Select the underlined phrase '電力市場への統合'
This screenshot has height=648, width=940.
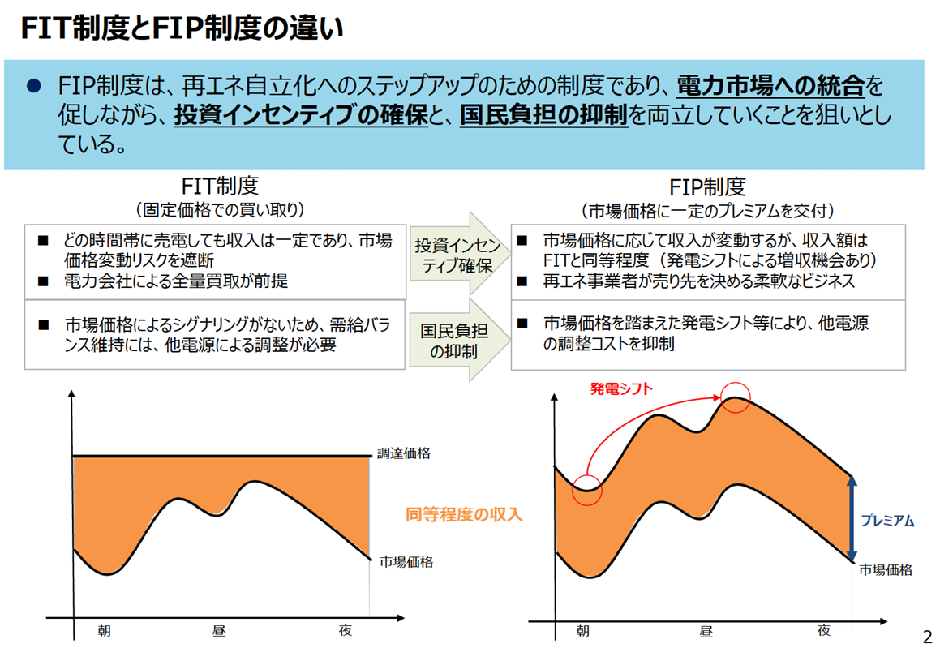click(770, 86)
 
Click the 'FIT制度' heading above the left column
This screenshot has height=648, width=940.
click(220, 187)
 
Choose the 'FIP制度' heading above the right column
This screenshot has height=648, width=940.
click(707, 187)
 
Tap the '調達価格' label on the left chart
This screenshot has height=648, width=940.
click(404, 453)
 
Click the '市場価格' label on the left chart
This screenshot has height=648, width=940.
click(406, 561)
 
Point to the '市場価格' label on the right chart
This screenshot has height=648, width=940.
click(886, 569)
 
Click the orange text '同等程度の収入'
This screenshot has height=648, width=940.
click(464, 514)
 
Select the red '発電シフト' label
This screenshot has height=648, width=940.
click(620, 388)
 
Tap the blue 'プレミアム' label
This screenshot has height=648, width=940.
click(887, 521)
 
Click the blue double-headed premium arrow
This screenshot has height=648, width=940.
click(852, 519)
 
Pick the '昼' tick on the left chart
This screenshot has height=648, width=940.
click(219, 630)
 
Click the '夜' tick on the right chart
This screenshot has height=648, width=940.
click(824, 630)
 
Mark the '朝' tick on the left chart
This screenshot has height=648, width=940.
click(105, 630)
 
